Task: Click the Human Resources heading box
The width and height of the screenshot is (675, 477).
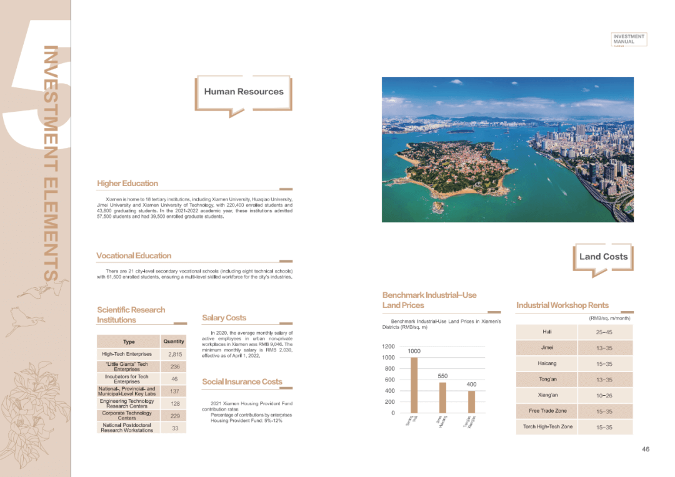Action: [x=244, y=92]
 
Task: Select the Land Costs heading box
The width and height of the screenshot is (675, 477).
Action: [x=603, y=257]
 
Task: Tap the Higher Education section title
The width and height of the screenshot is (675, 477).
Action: [x=127, y=184]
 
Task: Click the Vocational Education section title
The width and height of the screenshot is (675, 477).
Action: [x=134, y=256]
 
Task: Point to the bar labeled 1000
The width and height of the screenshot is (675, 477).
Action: [x=414, y=385]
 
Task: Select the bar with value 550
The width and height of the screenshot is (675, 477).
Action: [x=442, y=397]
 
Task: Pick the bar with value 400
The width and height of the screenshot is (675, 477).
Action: [x=471, y=401]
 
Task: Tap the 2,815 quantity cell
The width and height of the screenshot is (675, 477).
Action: [x=175, y=355]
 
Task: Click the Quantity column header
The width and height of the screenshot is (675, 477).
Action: [x=174, y=342]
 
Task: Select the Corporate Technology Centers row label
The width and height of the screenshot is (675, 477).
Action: [x=127, y=415]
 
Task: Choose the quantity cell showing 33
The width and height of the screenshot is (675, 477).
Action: [x=175, y=428]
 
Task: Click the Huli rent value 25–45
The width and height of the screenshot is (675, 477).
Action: [x=604, y=332]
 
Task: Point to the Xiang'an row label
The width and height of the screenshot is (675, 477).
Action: [x=547, y=395]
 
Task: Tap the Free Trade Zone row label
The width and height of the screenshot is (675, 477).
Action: [x=547, y=411]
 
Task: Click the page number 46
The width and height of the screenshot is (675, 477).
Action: [x=646, y=450]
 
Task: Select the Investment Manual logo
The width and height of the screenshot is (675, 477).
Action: [x=628, y=40]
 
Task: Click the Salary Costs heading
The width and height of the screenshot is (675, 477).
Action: [x=224, y=318]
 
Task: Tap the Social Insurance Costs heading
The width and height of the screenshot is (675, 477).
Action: [x=242, y=381]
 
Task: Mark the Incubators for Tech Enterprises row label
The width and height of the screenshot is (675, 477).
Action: [x=127, y=379]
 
